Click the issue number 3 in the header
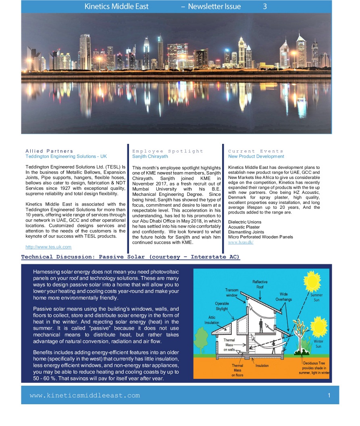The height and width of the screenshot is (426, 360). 265,6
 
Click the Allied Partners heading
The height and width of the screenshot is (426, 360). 49,151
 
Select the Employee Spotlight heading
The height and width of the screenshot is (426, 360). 168,151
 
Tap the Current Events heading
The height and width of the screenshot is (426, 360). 256,151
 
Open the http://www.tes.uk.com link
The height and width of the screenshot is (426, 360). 48,247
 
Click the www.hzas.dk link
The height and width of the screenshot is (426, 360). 241,242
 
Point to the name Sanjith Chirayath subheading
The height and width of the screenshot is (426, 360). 150,156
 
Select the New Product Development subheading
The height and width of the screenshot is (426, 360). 256,156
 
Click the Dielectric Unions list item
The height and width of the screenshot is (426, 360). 245,222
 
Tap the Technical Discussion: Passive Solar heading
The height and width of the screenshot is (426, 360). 130,257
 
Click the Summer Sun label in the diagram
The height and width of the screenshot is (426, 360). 316,297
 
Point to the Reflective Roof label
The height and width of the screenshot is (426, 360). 260,284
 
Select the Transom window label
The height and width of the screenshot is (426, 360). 232,293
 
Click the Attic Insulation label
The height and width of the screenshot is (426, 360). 212,320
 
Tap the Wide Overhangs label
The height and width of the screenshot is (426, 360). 283,297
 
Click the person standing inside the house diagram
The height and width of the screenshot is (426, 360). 261,325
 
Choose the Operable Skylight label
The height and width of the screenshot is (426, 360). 222,306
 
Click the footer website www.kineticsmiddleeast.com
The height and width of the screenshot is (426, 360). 85,395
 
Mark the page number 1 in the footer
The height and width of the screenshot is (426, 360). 329,395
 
